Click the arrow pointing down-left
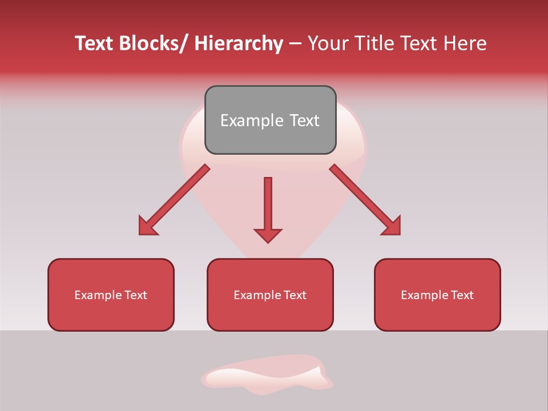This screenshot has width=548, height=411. pos(174,200)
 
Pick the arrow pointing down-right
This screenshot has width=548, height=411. pos(365,200)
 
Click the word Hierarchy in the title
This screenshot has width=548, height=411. pos(238,44)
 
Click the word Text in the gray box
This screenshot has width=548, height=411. pos(304,120)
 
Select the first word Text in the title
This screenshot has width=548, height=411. pos(94,44)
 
